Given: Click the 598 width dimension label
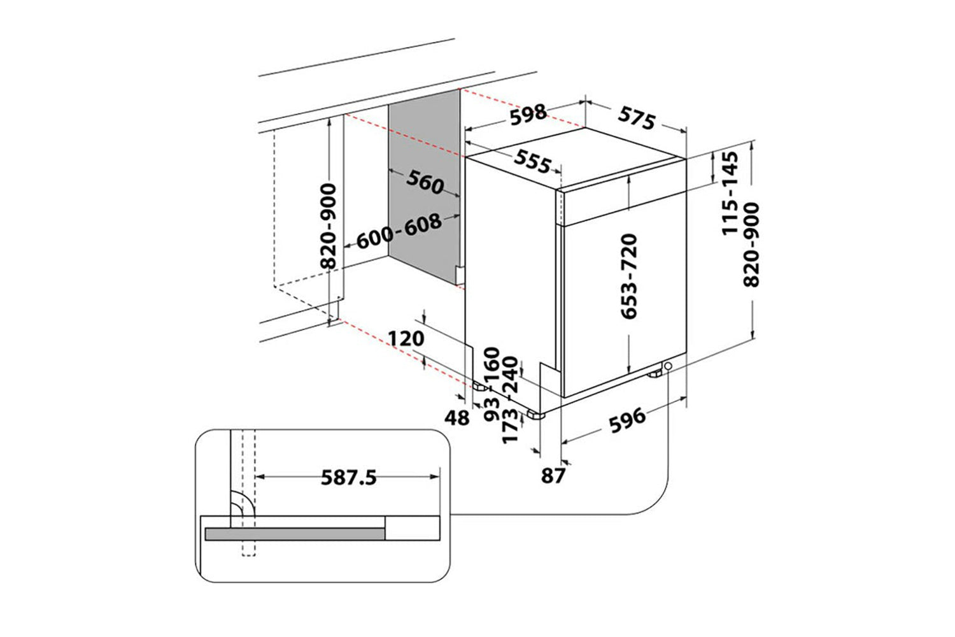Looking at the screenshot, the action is click(528, 114).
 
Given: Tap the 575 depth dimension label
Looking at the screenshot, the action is click(637, 118).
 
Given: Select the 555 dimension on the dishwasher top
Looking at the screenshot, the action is click(532, 162).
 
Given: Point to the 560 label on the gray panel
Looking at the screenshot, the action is click(425, 182).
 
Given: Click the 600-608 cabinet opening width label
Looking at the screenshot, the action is click(399, 231).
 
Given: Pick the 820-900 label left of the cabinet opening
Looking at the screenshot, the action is click(329, 225).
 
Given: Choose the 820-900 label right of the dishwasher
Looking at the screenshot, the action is click(751, 245).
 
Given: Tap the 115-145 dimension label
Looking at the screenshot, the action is click(730, 193).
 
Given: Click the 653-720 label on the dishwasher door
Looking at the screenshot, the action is click(629, 276).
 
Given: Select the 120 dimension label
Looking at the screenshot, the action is click(406, 339).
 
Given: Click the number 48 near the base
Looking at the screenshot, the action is click(457, 418).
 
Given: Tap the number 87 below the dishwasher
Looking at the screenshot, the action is click(553, 476).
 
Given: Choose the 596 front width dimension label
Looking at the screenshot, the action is click(627, 420).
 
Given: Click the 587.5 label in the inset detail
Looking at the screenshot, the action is click(349, 478).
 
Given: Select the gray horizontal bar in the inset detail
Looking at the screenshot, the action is click(295, 534).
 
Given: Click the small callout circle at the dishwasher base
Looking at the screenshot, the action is click(668, 366).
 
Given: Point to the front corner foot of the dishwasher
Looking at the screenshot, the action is click(536, 414).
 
